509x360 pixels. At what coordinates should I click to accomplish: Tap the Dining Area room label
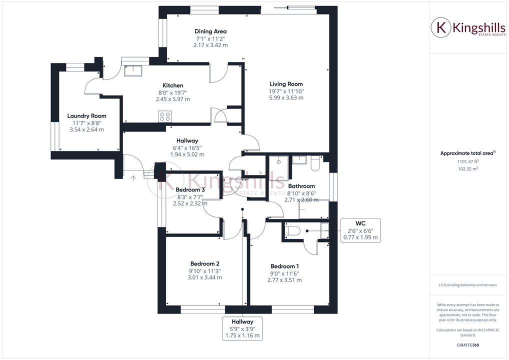(x=210, y=31)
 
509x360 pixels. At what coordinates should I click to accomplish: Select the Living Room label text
(x=286, y=84)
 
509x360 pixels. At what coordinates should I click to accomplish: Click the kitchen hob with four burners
(x=165, y=116)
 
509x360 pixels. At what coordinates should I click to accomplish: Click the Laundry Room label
(x=86, y=116)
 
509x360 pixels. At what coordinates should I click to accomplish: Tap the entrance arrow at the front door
(x=133, y=177)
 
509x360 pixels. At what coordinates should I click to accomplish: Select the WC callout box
(x=360, y=230)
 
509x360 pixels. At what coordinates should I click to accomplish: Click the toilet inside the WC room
(x=292, y=230)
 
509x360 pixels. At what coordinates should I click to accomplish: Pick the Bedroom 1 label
(x=285, y=266)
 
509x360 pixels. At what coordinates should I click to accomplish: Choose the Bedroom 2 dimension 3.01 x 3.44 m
(x=204, y=277)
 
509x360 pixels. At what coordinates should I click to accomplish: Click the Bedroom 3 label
(x=190, y=189)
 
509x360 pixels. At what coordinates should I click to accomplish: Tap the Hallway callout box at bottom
(x=242, y=328)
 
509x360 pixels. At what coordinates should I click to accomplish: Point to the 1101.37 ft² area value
(x=468, y=161)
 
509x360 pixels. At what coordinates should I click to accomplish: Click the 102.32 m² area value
(x=468, y=169)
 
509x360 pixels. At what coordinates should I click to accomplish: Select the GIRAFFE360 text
(x=468, y=345)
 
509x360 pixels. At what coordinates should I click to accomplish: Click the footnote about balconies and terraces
(x=468, y=285)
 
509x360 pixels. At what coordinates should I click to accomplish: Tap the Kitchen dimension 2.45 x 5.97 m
(x=172, y=99)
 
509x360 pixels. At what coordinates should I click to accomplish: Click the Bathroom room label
(x=301, y=186)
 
